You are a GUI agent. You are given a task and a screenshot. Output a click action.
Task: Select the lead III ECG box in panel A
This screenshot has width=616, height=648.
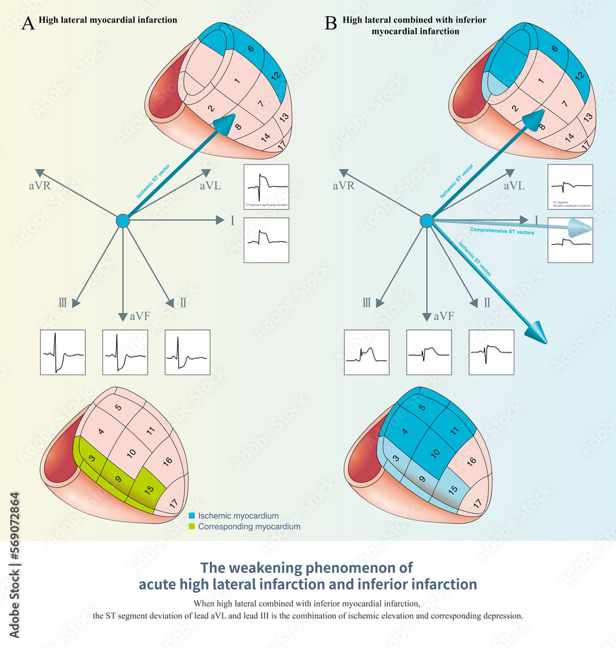coord(63,352)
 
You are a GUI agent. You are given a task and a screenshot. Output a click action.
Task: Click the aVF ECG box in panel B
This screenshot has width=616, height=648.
coord(428,352)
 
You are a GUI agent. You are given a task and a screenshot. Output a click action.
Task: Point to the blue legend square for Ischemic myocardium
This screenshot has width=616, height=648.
coord(192,516)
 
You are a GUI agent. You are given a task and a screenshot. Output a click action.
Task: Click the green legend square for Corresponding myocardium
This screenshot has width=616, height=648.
coord(192,527)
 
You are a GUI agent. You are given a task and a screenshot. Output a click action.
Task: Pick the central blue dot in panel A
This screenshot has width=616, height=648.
coord(122,221)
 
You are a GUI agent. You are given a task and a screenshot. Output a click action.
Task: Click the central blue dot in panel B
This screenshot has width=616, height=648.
coord(426,221)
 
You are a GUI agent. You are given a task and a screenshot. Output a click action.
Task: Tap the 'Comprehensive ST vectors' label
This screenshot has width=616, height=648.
coord(501,231)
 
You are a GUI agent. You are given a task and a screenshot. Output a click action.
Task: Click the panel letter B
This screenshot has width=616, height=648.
coord(330,24)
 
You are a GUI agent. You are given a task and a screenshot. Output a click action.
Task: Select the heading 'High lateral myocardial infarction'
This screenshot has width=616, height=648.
coord(108,20)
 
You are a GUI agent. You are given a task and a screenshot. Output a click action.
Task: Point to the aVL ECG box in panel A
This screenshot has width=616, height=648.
coord(266,186)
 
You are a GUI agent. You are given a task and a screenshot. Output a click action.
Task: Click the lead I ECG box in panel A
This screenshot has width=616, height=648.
coord(266,239)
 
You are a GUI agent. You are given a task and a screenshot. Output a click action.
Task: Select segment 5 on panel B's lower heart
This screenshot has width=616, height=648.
coord(422,408)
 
